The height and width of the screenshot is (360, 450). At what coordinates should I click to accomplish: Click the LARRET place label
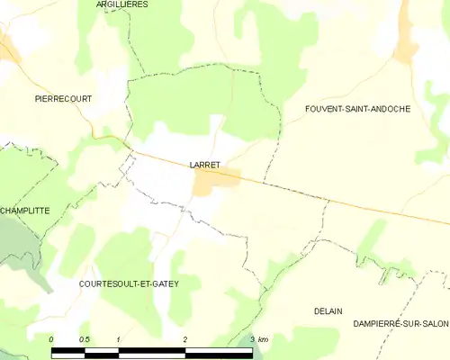(206, 165)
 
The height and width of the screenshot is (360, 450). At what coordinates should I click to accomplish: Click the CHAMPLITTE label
(24, 211)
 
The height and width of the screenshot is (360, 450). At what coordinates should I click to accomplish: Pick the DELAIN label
(328, 310)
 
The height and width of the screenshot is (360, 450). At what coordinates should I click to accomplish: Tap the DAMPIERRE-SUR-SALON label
(400, 323)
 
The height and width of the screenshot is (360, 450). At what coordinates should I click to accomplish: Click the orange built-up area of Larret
(216, 181)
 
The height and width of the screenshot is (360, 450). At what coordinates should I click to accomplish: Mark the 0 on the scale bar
(52, 339)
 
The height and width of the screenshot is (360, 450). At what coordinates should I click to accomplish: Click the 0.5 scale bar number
(85, 339)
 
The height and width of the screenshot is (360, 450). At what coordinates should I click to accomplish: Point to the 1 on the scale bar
(119, 339)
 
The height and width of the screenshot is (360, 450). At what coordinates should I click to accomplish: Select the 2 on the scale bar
(185, 339)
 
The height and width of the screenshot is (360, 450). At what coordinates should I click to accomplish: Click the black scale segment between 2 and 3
(219, 350)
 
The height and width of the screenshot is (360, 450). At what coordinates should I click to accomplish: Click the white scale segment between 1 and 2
(152, 350)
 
